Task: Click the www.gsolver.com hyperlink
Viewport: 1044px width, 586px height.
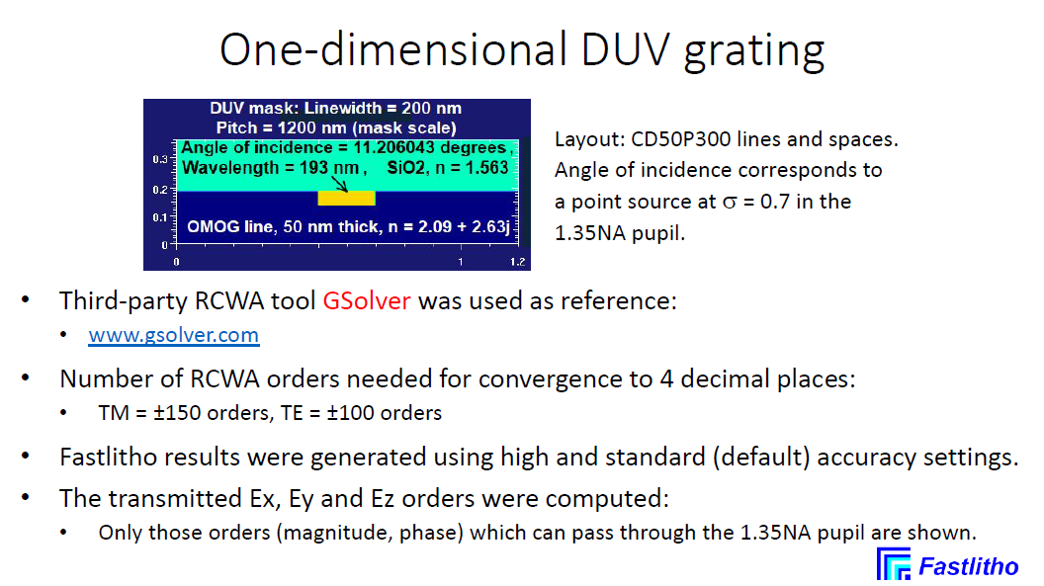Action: [x=174, y=335]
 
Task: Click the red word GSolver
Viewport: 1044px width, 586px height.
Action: [x=366, y=301]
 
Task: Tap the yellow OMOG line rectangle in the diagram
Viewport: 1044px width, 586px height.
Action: [x=346, y=199]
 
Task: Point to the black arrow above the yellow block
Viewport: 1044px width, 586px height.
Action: [x=339, y=184]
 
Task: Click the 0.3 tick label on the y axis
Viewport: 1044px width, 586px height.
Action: [x=160, y=160]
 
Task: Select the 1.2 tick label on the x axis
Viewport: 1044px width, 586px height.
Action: [x=517, y=262]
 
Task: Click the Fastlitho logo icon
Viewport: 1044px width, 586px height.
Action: [x=894, y=564]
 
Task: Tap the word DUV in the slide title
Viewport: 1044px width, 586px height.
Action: [x=624, y=49]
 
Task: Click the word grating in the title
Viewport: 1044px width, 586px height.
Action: [x=754, y=53]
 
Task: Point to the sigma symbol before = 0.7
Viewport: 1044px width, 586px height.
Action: [x=730, y=203]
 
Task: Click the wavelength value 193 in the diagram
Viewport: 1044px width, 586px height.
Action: [x=313, y=168]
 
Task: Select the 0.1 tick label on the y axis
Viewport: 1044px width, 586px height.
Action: [x=160, y=217]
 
